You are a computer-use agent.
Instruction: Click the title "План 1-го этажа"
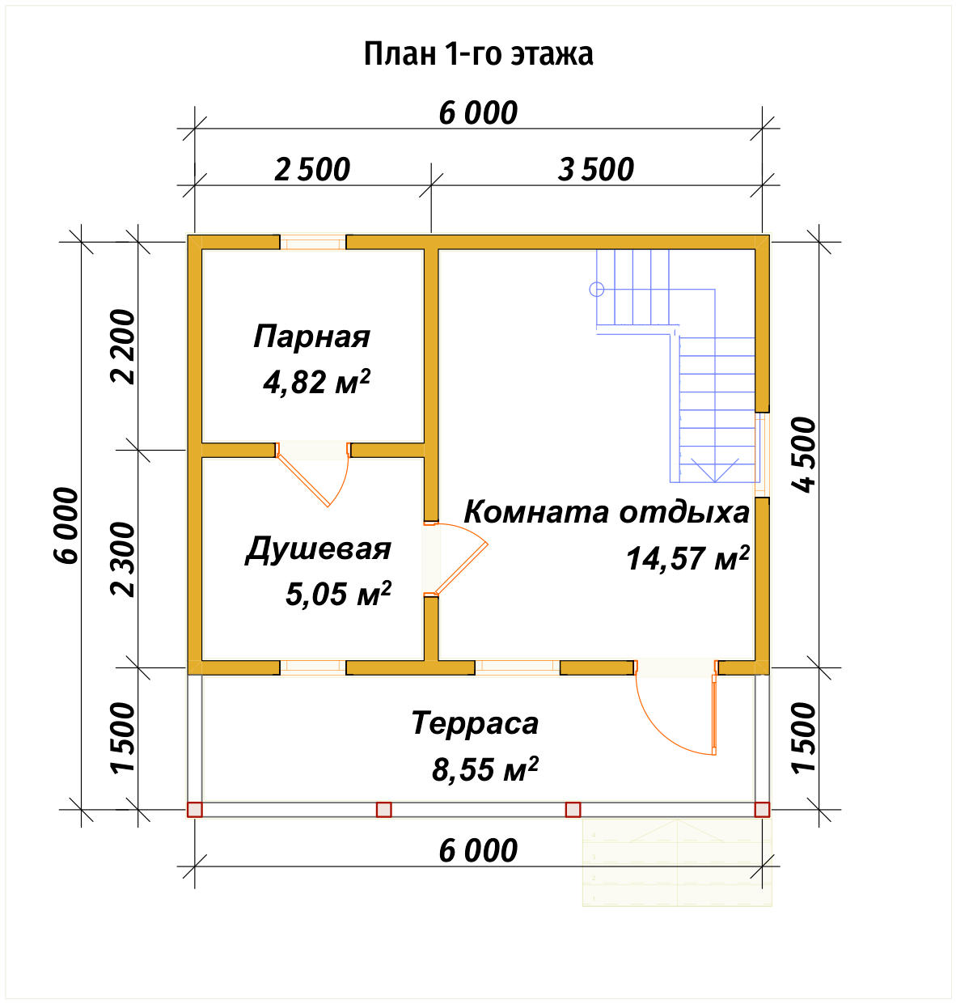478,54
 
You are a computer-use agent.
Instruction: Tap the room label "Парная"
312,337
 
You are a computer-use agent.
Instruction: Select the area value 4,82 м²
316,381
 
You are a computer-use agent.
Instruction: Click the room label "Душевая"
319,549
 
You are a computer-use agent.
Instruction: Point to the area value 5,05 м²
338,594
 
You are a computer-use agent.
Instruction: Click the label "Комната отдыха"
607,512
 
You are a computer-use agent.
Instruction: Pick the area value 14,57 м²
687,558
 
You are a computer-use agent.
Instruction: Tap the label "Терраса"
475,723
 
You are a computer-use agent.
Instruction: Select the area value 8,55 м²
484,769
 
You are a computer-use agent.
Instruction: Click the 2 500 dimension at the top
312,170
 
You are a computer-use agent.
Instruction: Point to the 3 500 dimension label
596,170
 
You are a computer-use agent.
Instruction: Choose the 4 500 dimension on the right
805,454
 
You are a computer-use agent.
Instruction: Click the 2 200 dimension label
124,346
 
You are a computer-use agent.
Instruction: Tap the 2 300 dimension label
124,559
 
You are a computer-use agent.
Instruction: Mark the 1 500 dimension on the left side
124,738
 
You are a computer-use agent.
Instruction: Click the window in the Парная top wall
313,242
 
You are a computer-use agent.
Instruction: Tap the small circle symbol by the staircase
597,289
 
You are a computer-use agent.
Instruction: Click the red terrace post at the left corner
195,809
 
